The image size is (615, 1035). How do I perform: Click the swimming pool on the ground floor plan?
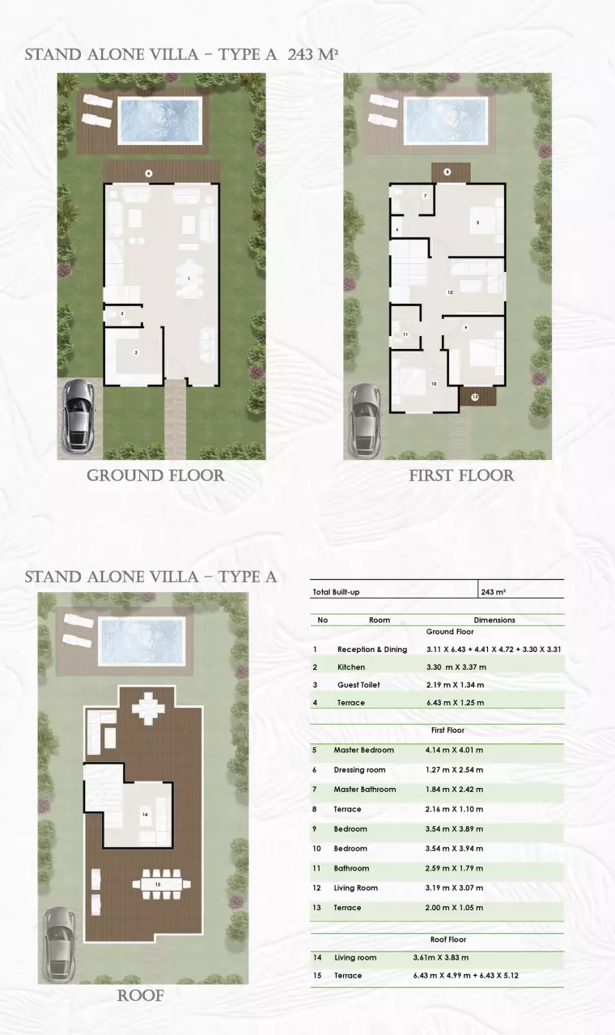[x=159, y=120]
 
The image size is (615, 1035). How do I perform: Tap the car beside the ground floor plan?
[x=77, y=415]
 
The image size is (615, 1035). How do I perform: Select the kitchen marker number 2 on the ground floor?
[x=136, y=352]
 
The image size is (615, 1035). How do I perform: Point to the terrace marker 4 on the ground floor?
[x=149, y=173]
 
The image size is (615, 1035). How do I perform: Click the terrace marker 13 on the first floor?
[x=475, y=397]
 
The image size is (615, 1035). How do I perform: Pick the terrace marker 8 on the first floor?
[x=447, y=172]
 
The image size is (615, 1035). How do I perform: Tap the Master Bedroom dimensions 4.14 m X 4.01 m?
[x=454, y=750]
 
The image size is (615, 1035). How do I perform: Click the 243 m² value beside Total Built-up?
[x=493, y=592]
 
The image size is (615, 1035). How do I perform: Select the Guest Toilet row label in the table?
[x=358, y=685]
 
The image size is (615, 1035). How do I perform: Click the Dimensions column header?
[x=494, y=620]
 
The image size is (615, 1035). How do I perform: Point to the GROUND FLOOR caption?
[x=155, y=475]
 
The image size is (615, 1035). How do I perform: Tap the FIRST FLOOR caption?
[x=461, y=475]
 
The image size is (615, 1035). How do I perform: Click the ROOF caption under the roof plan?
[x=140, y=995]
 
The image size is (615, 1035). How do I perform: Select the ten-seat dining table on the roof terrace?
[x=161, y=884]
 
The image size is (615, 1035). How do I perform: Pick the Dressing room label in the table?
[x=359, y=770]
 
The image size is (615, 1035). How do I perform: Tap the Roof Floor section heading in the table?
[x=447, y=939]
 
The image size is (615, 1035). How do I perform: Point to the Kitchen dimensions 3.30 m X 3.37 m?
[x=456, y=667]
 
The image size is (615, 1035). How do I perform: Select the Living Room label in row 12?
[x=355, y=888]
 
